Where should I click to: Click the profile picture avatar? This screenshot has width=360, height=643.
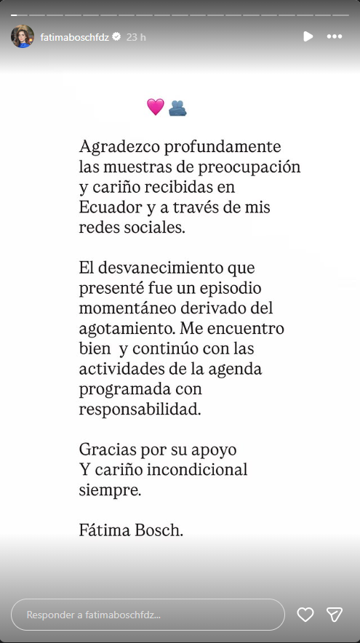pyautogui.click(x=23, y=36)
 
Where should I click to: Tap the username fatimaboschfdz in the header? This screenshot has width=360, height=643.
pyautogui.click(x=74, y=37)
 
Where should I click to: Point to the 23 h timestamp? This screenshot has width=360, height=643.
pyautogui.click(x=136, y=37)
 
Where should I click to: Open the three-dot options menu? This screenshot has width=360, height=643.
pyautogui.click(x=334, y=36)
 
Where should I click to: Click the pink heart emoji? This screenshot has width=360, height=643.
pyautogui.click(x=155, y=107)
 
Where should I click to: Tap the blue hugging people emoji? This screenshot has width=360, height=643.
pyautogui.click(x=177, y=108)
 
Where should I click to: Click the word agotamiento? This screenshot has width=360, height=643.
pyautogui.click(x=129, y=329)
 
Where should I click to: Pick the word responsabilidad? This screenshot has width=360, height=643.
pyautogui.click(x=139, y=409)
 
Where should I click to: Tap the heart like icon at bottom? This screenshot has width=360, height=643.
pyautogui.click(x=305, y=615)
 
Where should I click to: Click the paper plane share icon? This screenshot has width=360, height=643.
pyautogui.click(x=335, y=615)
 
